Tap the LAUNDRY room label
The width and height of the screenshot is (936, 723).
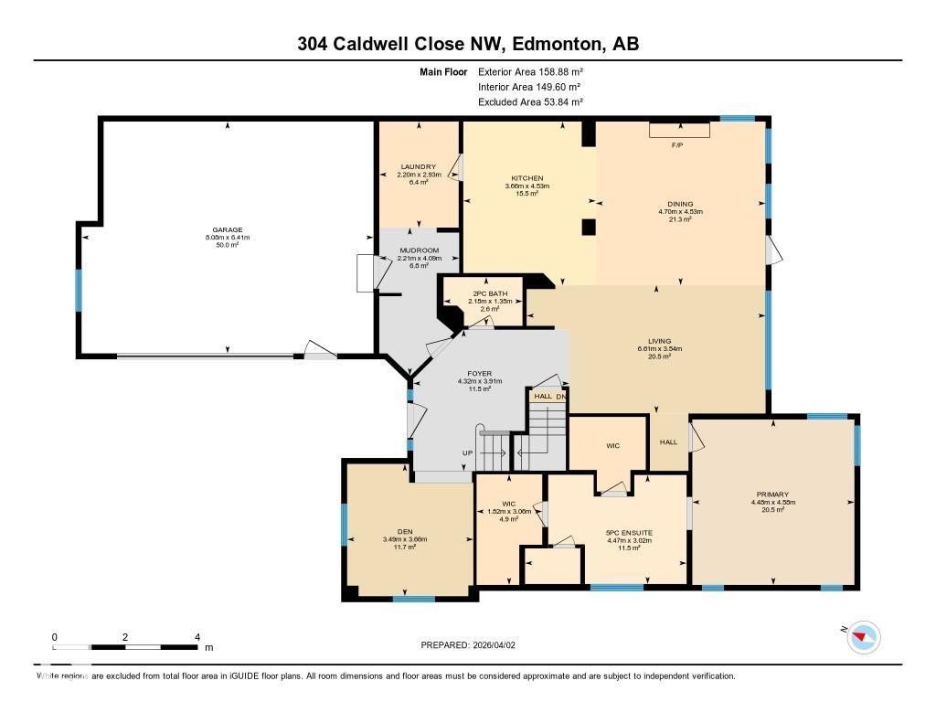419,166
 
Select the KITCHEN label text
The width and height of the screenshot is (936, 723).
526,178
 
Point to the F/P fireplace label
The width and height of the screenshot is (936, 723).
677,146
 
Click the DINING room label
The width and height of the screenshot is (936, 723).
680,204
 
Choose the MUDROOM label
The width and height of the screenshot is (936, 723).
419,250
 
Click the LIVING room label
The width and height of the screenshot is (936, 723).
660,341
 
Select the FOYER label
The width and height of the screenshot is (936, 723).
480,373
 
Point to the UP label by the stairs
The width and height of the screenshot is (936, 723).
466,453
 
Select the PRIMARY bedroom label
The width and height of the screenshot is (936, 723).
772,494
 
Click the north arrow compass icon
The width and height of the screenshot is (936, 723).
863,637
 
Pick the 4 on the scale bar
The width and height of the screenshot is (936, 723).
197,636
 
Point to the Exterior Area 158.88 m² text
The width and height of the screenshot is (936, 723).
530,71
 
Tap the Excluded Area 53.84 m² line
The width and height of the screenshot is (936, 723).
530,102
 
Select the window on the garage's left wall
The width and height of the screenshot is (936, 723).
79,289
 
